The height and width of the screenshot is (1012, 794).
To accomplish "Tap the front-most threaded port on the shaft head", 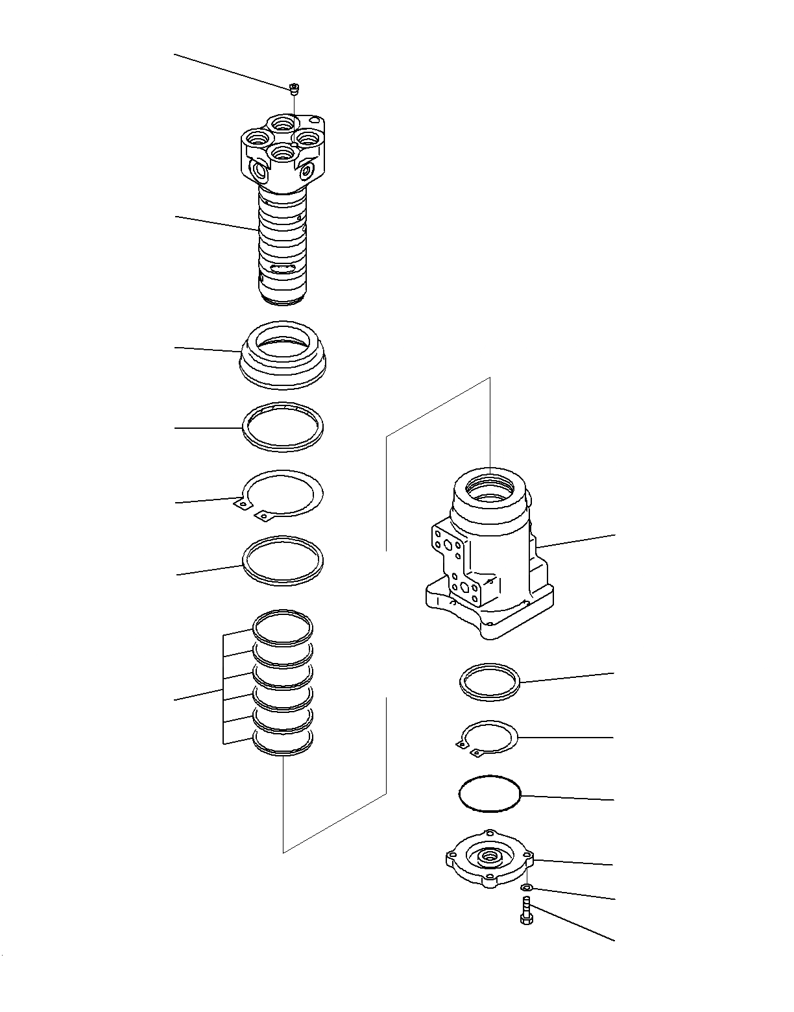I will pyautogui.click(x=282, y=153).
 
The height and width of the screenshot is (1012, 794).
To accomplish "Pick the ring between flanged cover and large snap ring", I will pyautogui.click(x=283, y=426).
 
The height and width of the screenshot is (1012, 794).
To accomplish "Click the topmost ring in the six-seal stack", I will pyautogui.click(x=283, y=627).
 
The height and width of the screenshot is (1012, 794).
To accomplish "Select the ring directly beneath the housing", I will pyautogui.click(x=490, y=682).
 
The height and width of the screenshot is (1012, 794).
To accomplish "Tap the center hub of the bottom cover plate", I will pyautogui.click(x=488, y=858).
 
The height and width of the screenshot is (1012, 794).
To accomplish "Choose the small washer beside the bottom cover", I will pyautogui.click(x=527, y=887).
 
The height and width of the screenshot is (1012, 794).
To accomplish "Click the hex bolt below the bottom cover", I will pyautogui.click(x=525, y=910).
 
